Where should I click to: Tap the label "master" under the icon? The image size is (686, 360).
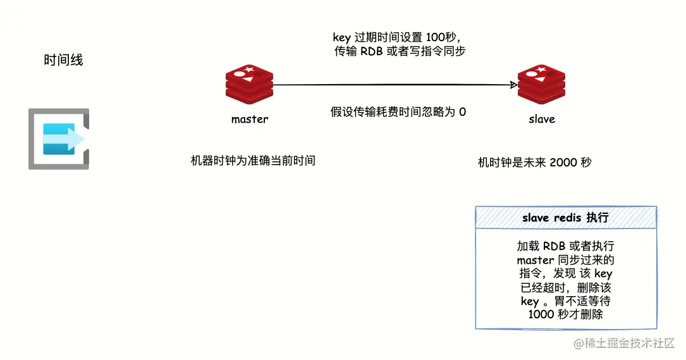coord(249,119)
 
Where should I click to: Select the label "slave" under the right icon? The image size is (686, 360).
coord(542,119)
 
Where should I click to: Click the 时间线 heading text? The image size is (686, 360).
coord(63,61)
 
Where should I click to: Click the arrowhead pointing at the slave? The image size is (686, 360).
coord(513,85)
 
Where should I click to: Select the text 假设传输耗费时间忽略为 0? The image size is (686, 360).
coord(398,112)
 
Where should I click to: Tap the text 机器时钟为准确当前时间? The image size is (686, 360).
coord(253,161)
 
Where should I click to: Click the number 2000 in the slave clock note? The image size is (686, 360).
coord(564,163)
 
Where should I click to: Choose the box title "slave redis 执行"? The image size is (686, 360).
coord(565,218)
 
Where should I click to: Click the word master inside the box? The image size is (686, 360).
coord(535,260)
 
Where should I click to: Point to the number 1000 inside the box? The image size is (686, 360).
coord(540,314)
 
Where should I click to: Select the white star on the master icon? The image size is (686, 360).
coord(249,70)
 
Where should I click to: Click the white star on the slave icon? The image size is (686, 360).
coord(542,70)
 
